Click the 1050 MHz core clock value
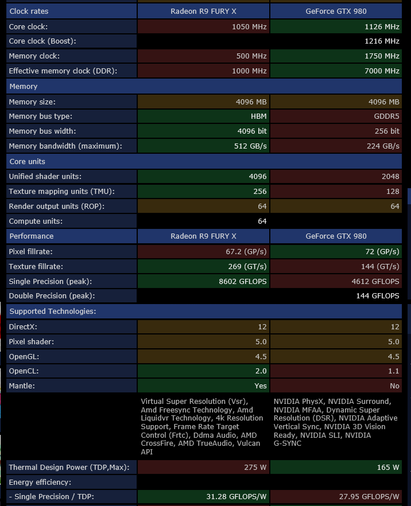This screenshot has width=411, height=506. tap(249, 27)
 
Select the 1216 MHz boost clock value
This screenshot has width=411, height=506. tap(382, 41)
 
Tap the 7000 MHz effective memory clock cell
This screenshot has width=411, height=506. tap(382, 71)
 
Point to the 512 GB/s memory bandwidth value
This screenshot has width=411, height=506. tap(251, 146)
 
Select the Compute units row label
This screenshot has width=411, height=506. tap(36, 221)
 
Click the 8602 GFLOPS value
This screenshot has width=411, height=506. tap(243, 282)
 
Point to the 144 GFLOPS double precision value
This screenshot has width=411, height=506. tap(377, 296)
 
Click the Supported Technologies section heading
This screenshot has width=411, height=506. tap(52, 312)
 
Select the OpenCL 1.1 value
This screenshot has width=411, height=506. tap(394, 371)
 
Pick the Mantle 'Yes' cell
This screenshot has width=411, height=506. tap(261, 386)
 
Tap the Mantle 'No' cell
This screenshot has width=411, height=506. tap(394, 386)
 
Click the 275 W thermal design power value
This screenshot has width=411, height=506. tap(255, 468)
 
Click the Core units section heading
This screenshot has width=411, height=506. tap(27, 162)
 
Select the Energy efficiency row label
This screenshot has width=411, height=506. tap(40, 482)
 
